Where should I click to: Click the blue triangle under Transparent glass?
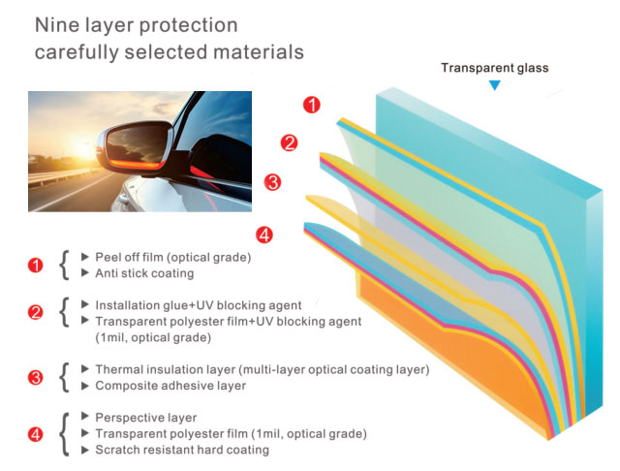point(495,85)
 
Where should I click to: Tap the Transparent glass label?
point(495,68)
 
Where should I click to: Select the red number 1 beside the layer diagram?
point(312,105)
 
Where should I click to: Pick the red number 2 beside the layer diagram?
point(289,142)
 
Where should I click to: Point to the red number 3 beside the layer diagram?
point(273,182)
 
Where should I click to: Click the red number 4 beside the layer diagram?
point(264,235)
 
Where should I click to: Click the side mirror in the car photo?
point(135,146)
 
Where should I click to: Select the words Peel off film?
point(129,257)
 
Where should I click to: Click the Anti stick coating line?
point(144,273)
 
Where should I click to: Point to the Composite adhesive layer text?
point(170,386)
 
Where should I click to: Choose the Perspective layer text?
point(146,418)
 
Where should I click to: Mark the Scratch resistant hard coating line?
point(182,450)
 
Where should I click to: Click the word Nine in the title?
point(57,25)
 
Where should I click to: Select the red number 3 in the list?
point(36,377)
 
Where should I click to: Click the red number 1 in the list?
point(36,265)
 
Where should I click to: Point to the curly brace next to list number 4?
point(65,434)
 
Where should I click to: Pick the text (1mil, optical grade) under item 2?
point(153,337)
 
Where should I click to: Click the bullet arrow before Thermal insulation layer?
point(84,369)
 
